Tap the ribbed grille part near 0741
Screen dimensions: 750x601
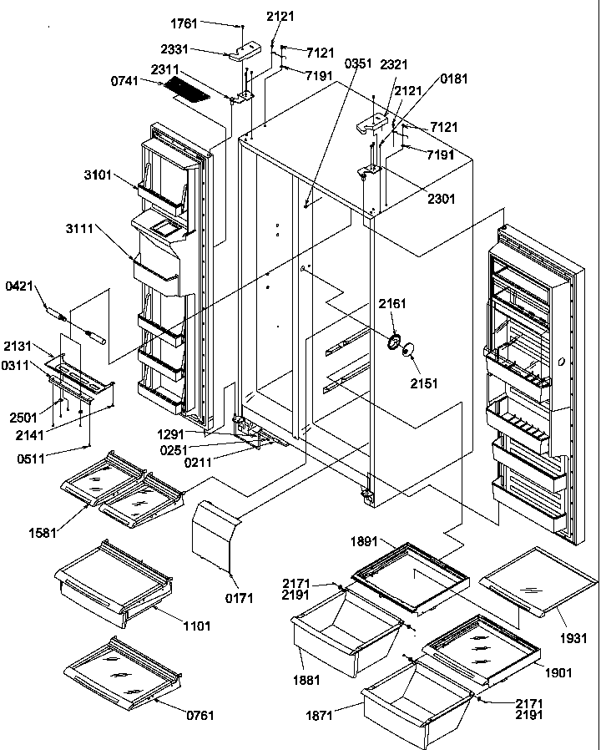click(184, 89)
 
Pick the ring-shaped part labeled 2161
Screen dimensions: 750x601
click(393, 341)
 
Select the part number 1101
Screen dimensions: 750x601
click(197, 625)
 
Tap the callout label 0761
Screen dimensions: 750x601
click(200, 714)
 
